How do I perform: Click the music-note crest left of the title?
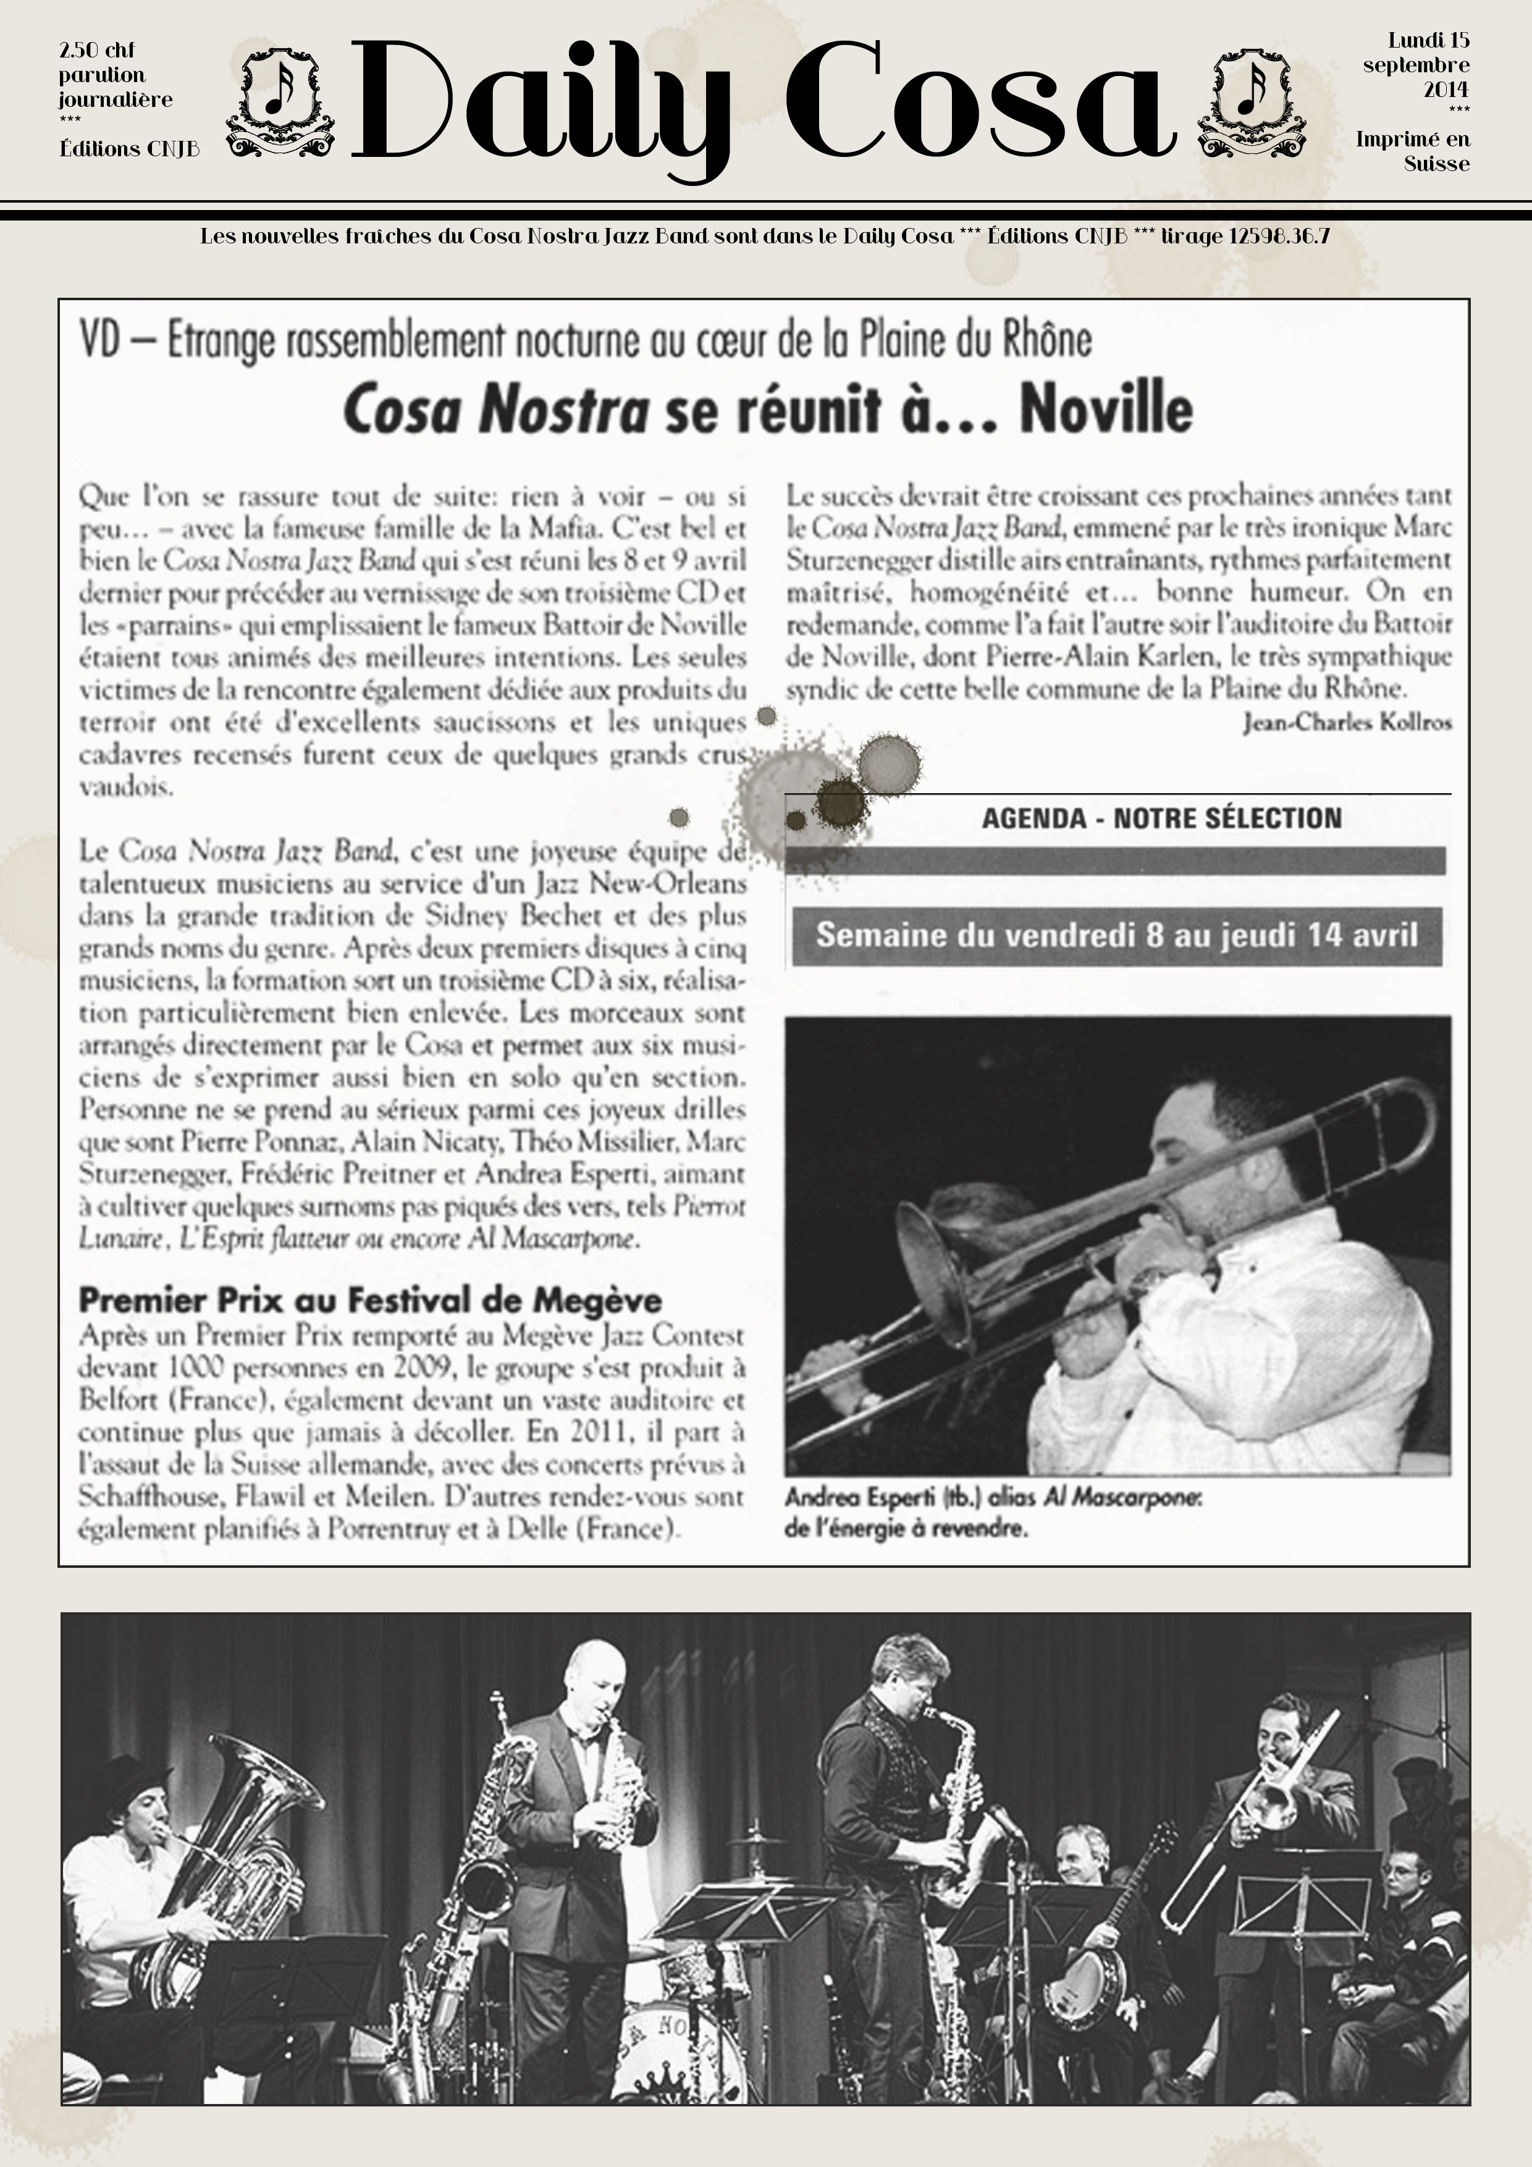(x=280, y=104)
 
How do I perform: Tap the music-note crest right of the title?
(x=1251, y=104)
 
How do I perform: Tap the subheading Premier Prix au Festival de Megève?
(x=370, y=1300)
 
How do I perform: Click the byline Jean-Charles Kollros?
(x=1347, y=722)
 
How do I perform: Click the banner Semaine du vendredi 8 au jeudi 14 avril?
(x=1117, y=935)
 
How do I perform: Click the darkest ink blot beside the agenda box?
(x=839, y=801)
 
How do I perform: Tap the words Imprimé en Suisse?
(x=1412, y=151)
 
